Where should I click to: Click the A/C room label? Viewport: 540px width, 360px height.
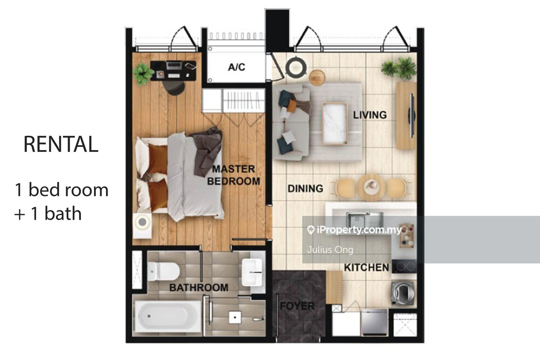[x=237, y=67]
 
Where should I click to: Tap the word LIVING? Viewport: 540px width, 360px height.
[x=370, y=115]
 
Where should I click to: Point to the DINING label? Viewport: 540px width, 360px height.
[x=305, y=189]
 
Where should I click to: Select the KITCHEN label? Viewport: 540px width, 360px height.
[x=366, y=267]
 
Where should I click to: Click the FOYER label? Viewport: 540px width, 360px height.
[x=297, y=306]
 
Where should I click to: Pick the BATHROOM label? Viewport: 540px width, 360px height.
[x=199, y=287]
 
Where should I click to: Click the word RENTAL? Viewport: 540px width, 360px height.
[x=61, y=144]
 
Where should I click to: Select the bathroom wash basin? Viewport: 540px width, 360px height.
[x=252, y=272]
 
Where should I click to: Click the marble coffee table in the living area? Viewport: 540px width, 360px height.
[x=335, y=124]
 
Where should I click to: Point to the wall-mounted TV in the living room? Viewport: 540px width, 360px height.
[x=412, y=115]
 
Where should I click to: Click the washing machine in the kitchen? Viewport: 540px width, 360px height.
[x=403, y=293]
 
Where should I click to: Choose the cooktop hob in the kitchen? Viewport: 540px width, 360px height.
[x=404, y=266]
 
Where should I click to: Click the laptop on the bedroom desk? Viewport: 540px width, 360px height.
[x=173, y=66]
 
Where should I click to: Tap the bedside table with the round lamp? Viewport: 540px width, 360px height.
[x=142, y=226]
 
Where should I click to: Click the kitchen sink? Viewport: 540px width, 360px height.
[x=364, y=220]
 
